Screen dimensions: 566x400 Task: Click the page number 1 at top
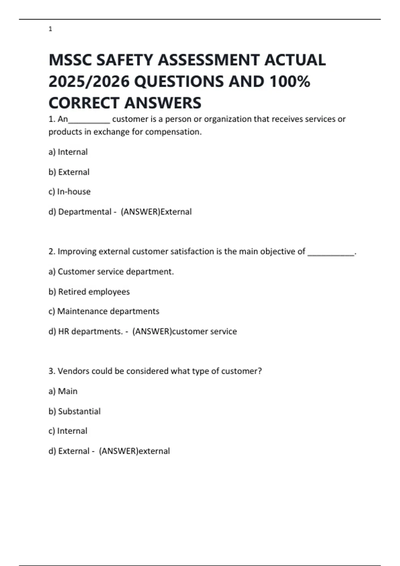50,29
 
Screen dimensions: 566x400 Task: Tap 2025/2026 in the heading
89,82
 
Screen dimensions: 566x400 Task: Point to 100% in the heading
290,82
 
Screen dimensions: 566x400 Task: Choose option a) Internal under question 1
68,152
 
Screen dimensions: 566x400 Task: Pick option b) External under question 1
69,172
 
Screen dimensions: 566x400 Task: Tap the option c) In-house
69,192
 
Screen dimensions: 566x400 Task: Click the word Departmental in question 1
85,212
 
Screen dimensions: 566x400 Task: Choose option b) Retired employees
89,292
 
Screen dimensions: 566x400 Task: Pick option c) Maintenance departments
104,311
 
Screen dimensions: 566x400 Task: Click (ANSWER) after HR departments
152,332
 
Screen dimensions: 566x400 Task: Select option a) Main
63,391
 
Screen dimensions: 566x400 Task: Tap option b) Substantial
74,412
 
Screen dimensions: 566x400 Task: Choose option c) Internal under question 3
68,431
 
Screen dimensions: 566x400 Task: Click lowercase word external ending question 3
154,451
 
